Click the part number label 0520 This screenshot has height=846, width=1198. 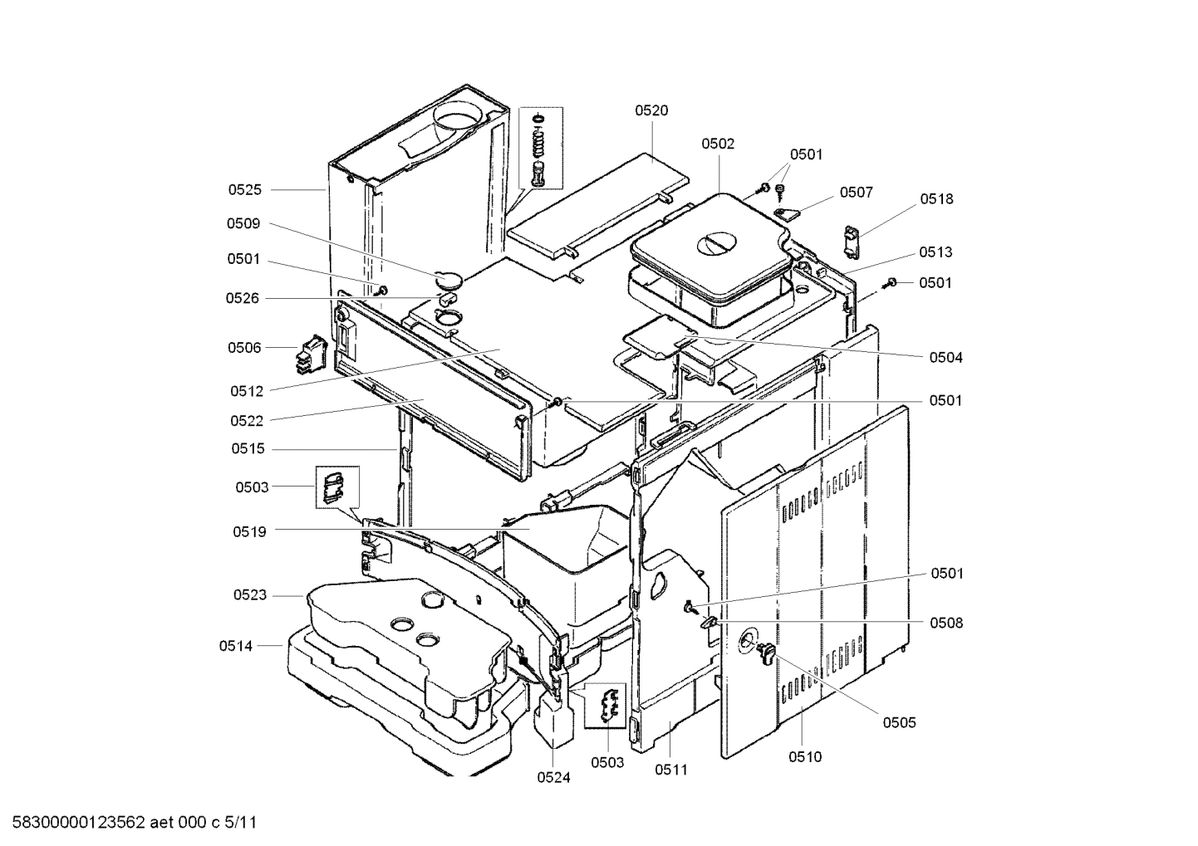coord(651,110)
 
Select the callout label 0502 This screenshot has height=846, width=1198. coord(718,144)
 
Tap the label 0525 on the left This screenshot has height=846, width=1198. coord(245,190)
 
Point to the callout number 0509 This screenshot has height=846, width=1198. coord(243,224)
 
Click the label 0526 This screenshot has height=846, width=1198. coord(243,298)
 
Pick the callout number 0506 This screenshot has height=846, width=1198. coord(244,348)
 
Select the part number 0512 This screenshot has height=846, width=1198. coord(247,391)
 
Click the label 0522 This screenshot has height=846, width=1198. coord(247,421)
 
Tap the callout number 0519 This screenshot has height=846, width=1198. coord(249,531)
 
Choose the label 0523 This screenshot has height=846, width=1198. coord(249,595)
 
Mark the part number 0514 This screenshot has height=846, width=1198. coord(236,645)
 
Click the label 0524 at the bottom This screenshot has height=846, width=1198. coord(553,778)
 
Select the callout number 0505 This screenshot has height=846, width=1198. coord(899,722)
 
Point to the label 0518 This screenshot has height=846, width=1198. coord(936,199)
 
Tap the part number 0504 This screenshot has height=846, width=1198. coord(946,358)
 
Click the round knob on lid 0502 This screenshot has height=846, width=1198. coord(715,243)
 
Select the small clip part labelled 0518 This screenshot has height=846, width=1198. coord(853,242)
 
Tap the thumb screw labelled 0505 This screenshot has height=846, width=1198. coord(764,653)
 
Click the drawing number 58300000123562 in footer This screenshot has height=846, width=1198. coord(79,824)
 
